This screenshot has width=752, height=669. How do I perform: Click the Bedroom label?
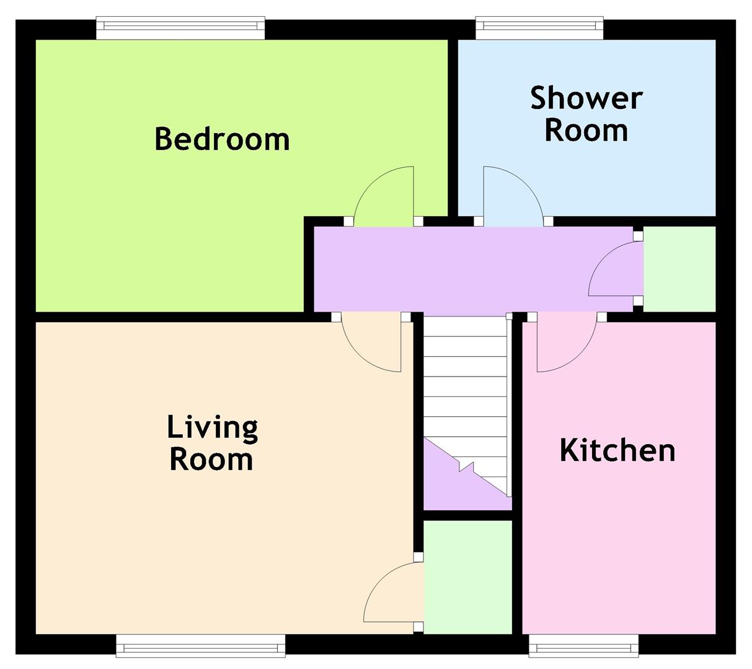click(x=222, y=139)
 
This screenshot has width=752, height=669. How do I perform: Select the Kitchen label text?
click(x=617, y=450)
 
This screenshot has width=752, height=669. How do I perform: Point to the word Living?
click(x=212, y=428)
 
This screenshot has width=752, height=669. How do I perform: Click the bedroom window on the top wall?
click(x=180, y=27)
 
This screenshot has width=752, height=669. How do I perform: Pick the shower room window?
click(x=539, y=27)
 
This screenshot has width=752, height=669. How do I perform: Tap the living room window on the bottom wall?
click(x=200, y=645)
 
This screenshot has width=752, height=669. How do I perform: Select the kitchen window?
click(x=584, y=645)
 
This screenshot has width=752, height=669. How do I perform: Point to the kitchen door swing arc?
click(x=578, y=357)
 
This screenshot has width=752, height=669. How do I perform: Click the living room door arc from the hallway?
click(x=360, y=357)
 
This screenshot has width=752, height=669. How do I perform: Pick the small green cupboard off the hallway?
click(x=679, y=269)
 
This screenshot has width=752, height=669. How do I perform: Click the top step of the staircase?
click(x=465, y=326)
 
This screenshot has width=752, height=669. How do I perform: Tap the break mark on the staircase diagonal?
click(x=466, y=467)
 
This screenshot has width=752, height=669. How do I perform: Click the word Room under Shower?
click(x=586, y=130)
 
